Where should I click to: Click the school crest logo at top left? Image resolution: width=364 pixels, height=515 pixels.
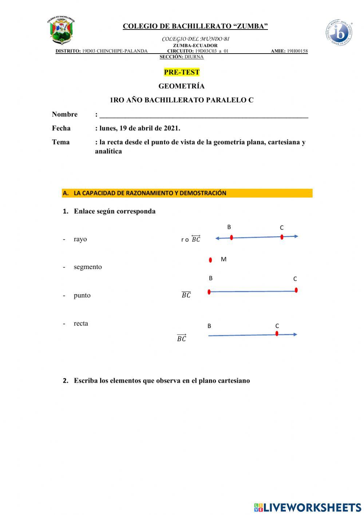click(x=61, y=31)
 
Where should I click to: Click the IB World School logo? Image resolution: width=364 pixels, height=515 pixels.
click(x=339, y=33)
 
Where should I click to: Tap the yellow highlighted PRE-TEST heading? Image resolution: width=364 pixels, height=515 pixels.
click(x=182, y=72)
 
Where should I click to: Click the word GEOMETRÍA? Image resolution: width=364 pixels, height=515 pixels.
click(x=181, y=86)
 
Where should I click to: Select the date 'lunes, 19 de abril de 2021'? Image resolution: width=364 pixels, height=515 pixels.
click(x=139, y=128)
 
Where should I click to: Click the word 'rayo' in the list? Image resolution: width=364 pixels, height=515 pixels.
click(x=80, y=239)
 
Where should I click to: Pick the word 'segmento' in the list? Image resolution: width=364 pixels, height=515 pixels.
click(x=88, y=267)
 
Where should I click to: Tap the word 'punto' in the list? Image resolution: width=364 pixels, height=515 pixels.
click(x=82, y=296)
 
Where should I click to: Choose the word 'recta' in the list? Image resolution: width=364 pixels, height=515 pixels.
click(x=81, y=324)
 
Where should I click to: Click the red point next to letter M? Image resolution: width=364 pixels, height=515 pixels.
click(x=210, y=260)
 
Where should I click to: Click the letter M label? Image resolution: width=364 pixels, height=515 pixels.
click(x=223, y=259)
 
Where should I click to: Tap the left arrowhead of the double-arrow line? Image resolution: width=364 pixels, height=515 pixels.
click(x=217, y=238)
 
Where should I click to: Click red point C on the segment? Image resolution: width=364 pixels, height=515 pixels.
click(x=296, y=290)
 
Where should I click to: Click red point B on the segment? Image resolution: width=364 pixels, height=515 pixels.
click(x=209, y=292)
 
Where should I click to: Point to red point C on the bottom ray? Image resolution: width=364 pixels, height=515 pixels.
click(x=277, y=333)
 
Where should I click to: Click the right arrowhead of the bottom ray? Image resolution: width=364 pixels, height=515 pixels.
click(x=296, y=334)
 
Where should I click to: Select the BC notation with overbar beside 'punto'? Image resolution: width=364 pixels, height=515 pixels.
click(x=186, y=295)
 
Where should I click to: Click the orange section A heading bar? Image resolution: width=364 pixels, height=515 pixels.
click(x=187, y=193)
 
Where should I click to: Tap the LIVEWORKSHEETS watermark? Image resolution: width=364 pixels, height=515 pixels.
click(x=308, y=507)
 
